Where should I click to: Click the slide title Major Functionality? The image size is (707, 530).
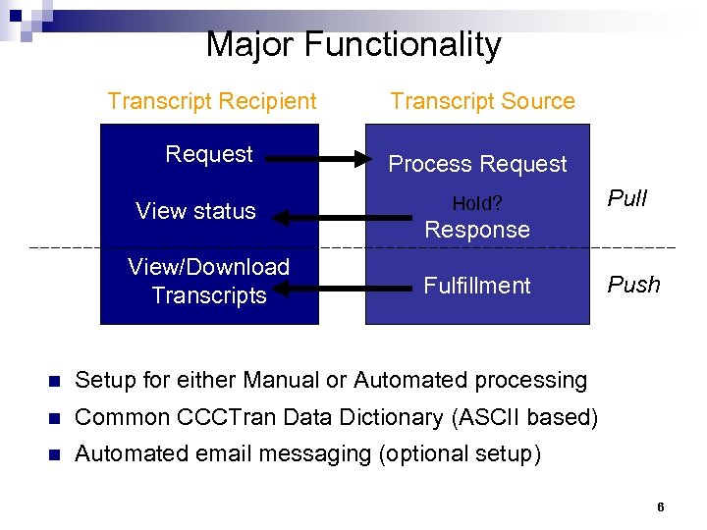[353, 45]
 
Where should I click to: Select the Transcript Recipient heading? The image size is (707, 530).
[212, 101]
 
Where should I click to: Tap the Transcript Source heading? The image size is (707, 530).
[482, 101]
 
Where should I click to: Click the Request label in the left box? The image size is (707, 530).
[209, 154]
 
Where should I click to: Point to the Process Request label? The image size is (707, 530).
[477, 164]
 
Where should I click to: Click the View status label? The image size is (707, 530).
[195, 211]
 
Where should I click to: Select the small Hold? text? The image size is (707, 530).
[476, 204]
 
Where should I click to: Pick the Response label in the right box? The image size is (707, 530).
[476, 230]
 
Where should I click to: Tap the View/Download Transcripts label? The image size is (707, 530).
[209, 281]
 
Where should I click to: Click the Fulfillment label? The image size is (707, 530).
[476, 286]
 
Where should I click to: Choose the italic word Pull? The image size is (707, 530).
[627, 199]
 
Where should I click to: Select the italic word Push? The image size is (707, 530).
[633, 286]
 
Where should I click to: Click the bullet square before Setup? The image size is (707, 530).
[54, 381]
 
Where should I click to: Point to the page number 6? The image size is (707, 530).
[660, 507]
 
